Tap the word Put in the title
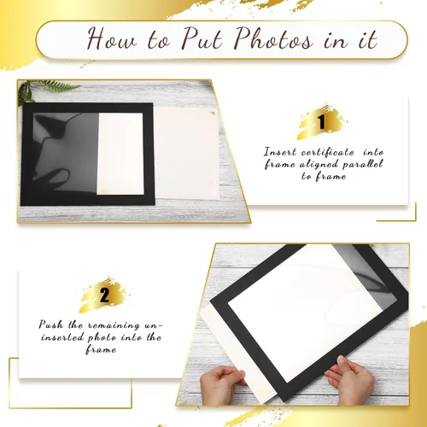(202, 39)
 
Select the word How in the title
(112, 39)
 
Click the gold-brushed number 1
(322, 122)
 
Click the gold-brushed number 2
(104, 295)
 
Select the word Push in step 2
(51, 325)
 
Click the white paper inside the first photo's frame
(120, 154)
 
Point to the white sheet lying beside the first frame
(187, 154)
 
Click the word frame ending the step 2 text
(101, 349)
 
